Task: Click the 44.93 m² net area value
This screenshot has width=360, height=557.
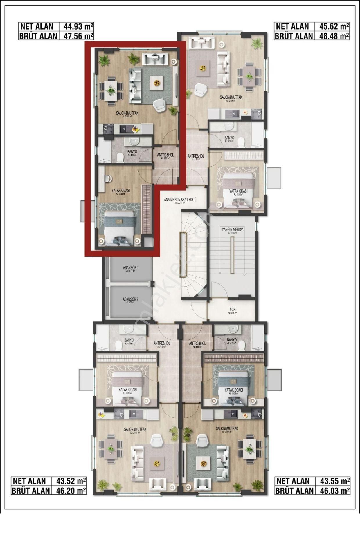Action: [x=76, y=27]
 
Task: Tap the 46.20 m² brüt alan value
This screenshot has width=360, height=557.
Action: [x=69, y=491]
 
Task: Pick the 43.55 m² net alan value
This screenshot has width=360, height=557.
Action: [x=332, y=481]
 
